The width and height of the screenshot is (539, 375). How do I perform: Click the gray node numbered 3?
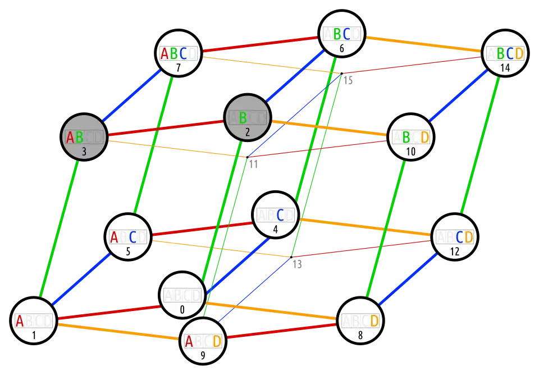coord(84,137)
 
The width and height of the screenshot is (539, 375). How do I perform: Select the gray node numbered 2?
coord(248,117)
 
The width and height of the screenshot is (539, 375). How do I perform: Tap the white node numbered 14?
coord(505,53)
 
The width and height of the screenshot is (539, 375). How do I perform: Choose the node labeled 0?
coord(182,295)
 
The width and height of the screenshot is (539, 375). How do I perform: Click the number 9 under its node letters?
coord(203,355)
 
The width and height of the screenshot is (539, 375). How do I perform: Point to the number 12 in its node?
coord(455,251)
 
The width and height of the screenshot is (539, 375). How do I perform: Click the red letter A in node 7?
coord(165,53)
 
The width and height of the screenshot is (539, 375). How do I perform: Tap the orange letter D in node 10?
coord(425,137)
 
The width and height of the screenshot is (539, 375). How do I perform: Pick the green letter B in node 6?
coord(337,34)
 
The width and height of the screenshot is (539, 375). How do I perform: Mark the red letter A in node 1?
coord(20,322)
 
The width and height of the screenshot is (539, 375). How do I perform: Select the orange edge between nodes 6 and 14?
coord(423,44)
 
